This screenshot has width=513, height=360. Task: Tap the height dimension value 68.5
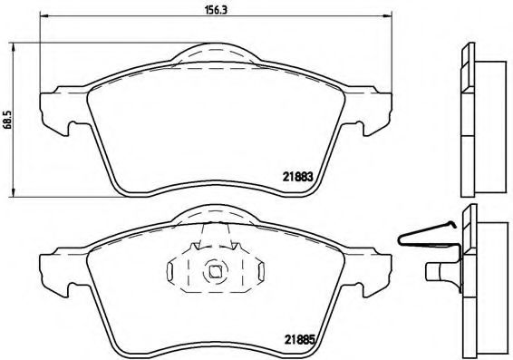coord(8,122)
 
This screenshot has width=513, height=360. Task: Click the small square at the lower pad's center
coord(216,269)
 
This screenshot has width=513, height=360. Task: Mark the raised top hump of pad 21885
coord(216,215)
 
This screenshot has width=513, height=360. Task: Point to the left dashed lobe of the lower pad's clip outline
coord(179,269)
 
